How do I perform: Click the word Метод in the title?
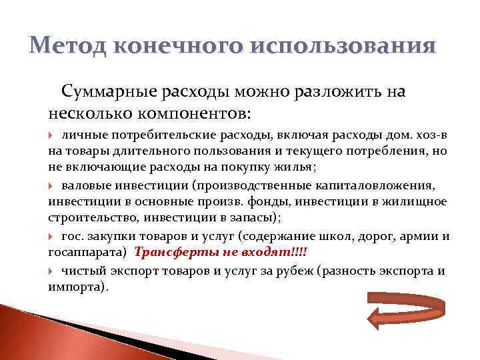tap(67, 47)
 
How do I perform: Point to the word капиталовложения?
tap(386, 185)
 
